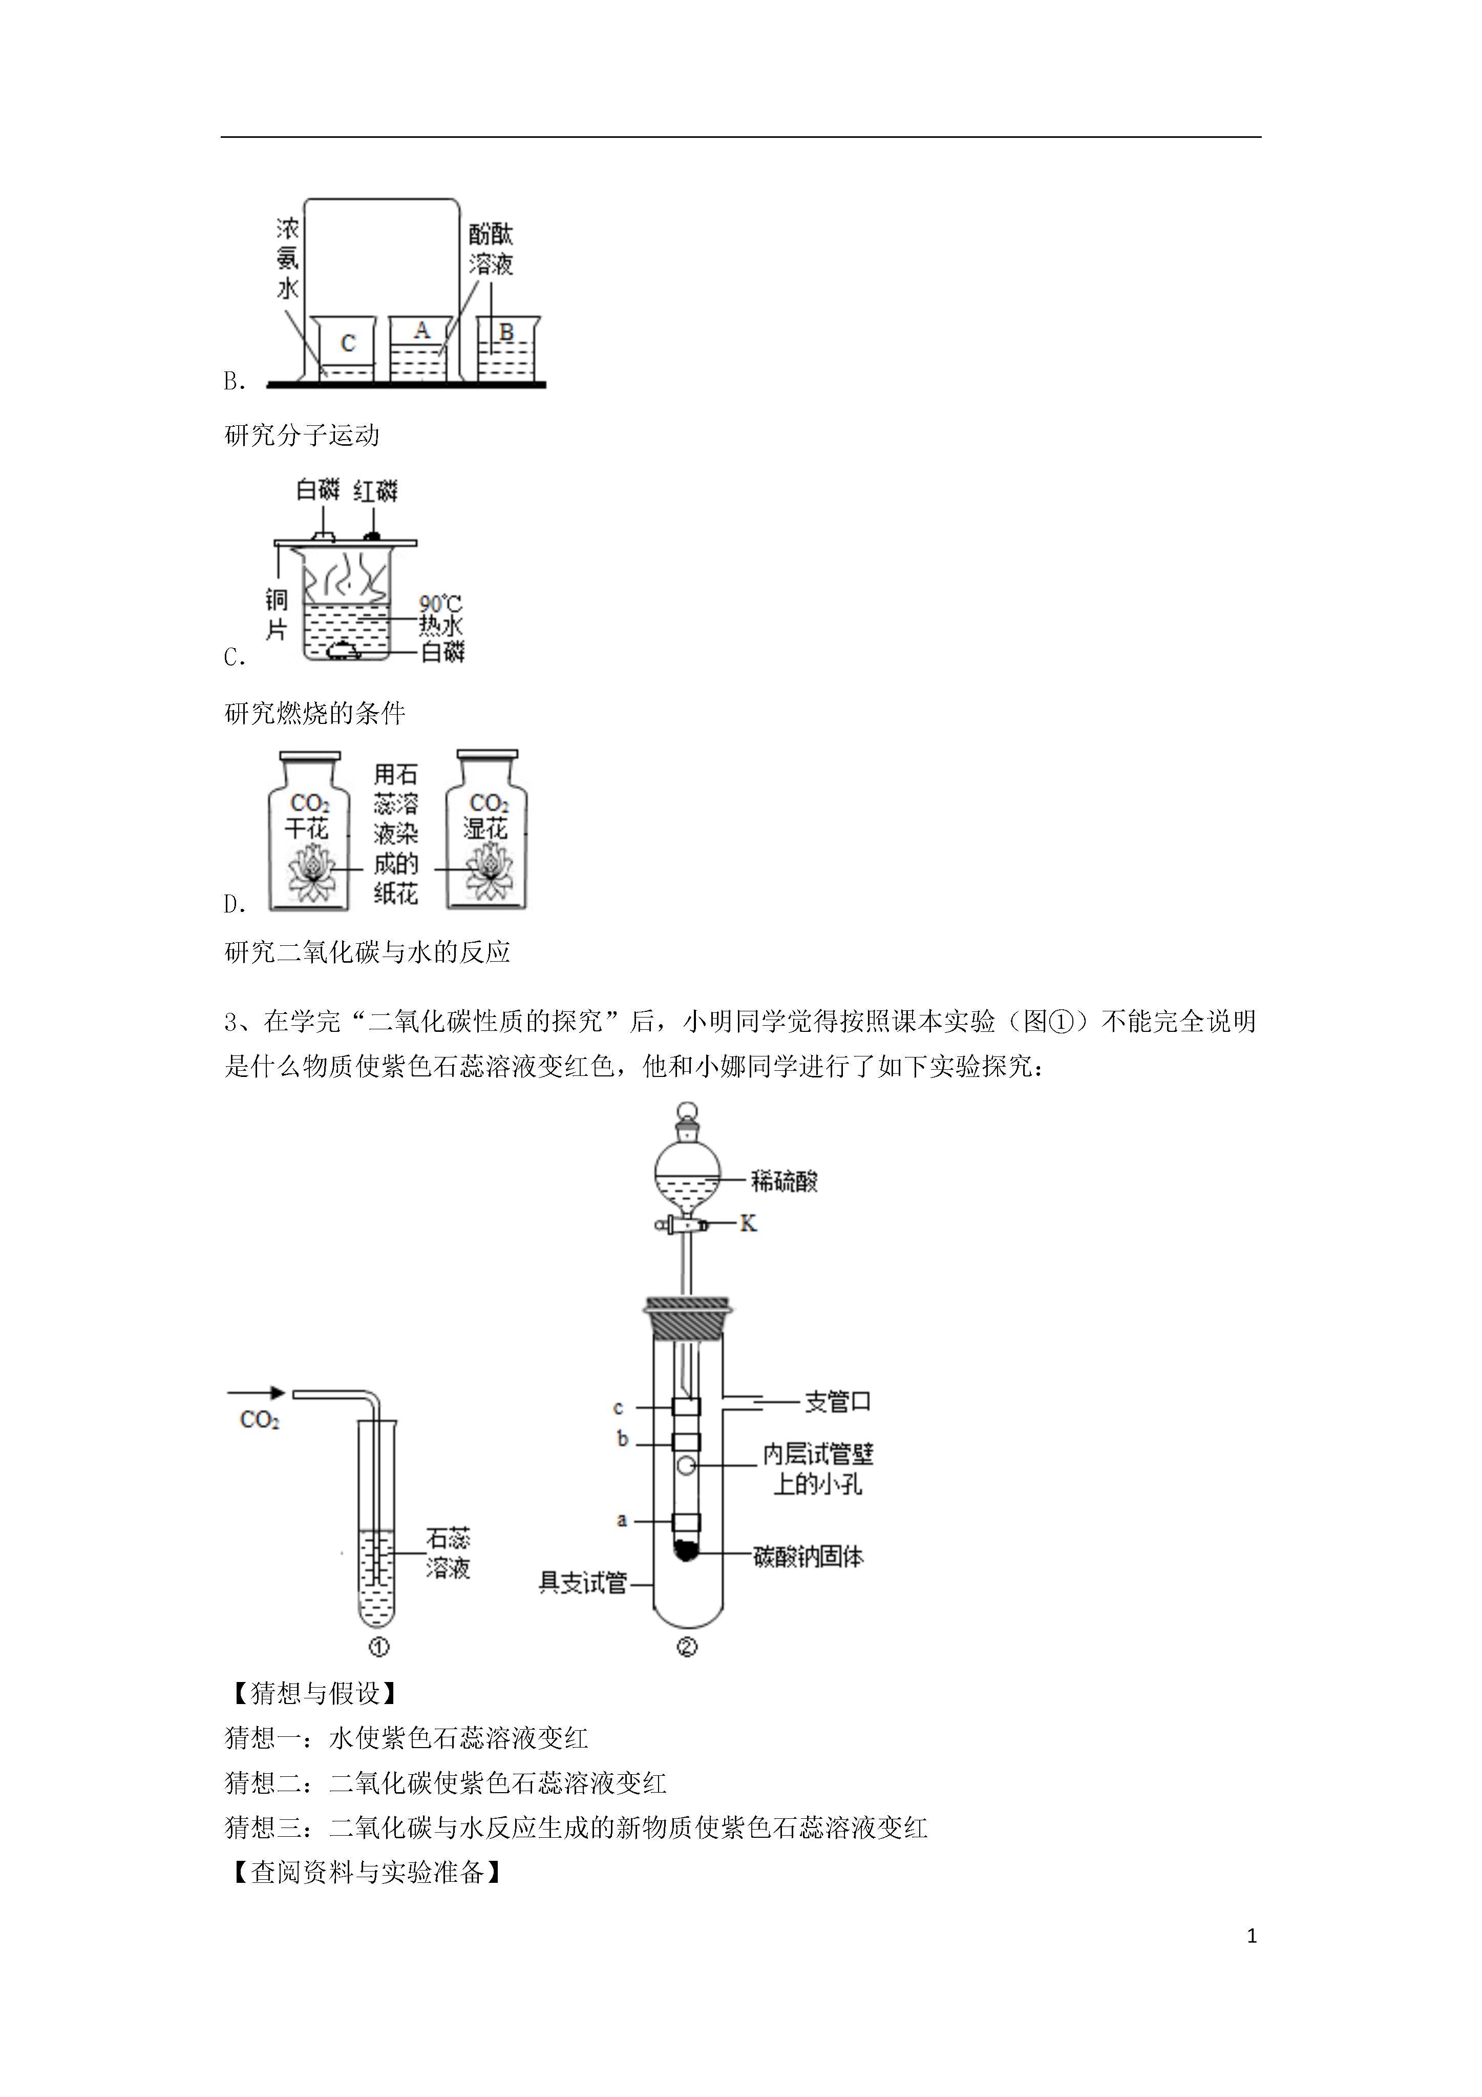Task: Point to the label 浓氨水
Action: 288,258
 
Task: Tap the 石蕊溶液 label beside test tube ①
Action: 449,1553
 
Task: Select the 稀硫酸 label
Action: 785,1181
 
